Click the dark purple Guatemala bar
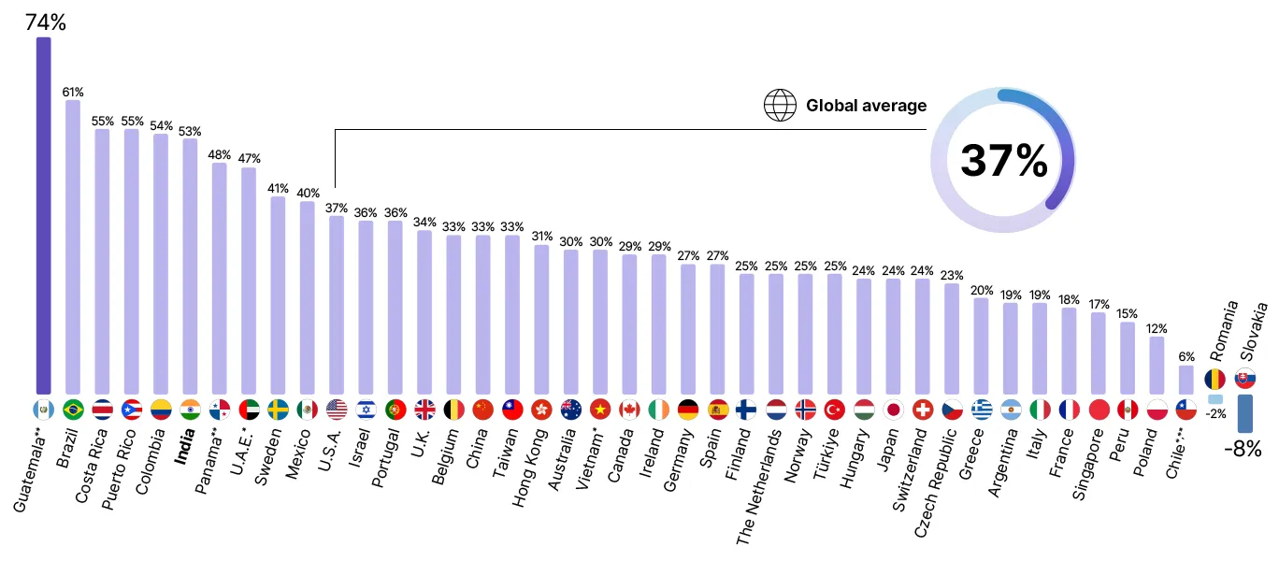pos(43,215)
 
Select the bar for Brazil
pos(73,247)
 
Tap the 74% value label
pos(46,22)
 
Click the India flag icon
pos(190,410)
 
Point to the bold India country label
pos(185,446)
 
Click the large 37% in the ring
pos(1004,161)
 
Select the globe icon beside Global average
pos(780,105)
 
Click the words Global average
pos(866,106)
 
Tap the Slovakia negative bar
pos(1244,413)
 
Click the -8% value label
pos(1243,449)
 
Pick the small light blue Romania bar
pos(1215,399)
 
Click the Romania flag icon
pos(1214,379)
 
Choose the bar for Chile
pos(1186,380)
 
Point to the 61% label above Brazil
pos(73,92)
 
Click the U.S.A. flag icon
pos(337,410)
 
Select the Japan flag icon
pos(893,410)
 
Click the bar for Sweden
pos(278,295)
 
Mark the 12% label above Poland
pos(1157,329)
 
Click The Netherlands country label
pos(759,487)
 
